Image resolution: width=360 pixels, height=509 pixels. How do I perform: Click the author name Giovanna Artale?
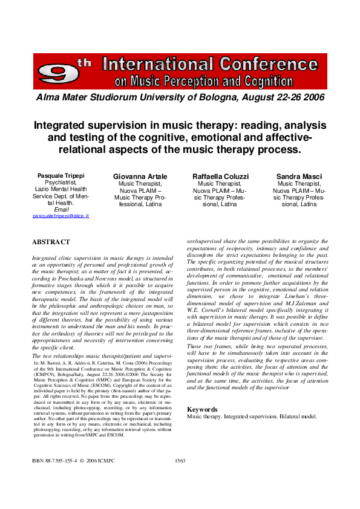click(140, 176)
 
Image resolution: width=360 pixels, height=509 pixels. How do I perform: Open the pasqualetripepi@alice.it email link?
click(61, 216)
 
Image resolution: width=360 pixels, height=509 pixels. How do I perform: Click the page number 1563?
click(179, 460)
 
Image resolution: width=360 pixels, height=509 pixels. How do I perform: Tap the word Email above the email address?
click(61, 209)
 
